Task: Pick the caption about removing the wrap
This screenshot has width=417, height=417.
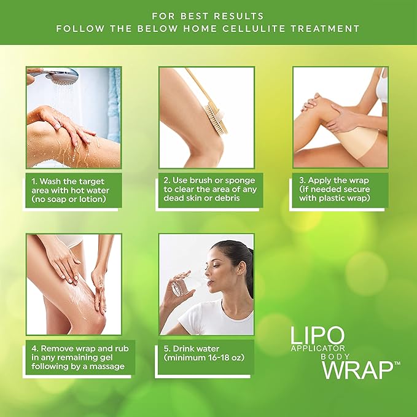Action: point(80,357)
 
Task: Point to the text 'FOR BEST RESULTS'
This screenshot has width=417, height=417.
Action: point(208,16)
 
